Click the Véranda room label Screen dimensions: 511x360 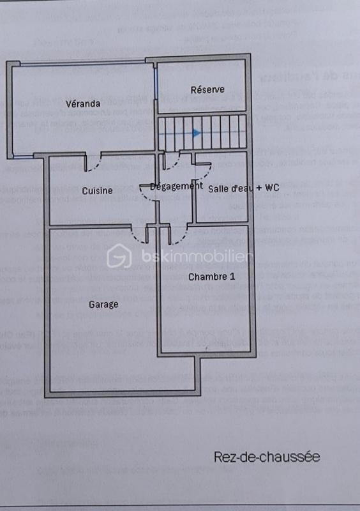pos(83,103)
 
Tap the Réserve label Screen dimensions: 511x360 pos(207,89)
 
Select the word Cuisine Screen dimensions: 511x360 pos(97,190)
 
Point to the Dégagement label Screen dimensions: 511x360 pos(176,187)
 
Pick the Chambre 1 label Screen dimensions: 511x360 pos(211,277)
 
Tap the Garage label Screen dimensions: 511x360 pos(103,305)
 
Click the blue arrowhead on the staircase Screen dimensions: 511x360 pos(197,133)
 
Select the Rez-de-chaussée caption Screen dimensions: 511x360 pos(266,457)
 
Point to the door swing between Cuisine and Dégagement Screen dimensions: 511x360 pos(149,192)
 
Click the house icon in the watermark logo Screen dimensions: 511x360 pos(118,257)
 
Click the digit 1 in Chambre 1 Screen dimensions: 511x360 pos(232,277)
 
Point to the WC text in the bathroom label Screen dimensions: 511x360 pos(272,188)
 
